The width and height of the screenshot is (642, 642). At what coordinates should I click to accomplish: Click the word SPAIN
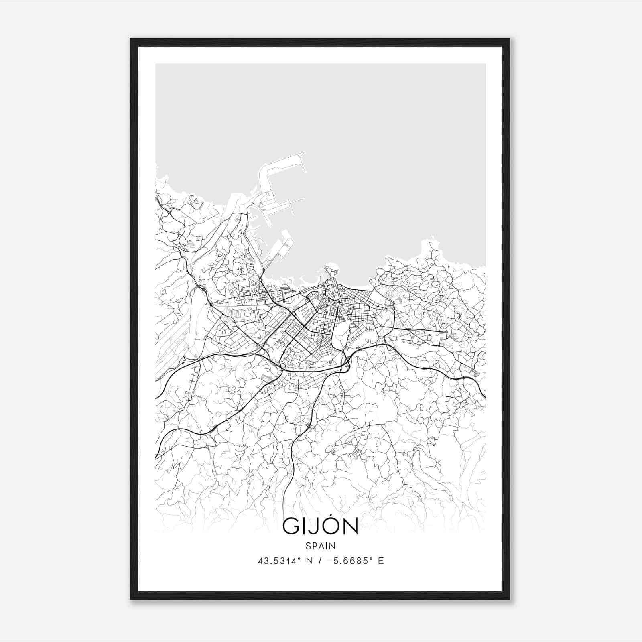[x=321, y=546]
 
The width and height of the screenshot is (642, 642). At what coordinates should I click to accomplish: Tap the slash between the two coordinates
[x=320, y=561]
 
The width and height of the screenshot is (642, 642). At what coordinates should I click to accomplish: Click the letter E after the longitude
[x=381, y=561]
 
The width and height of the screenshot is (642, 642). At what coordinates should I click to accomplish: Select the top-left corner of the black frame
[x=131, y=39]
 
